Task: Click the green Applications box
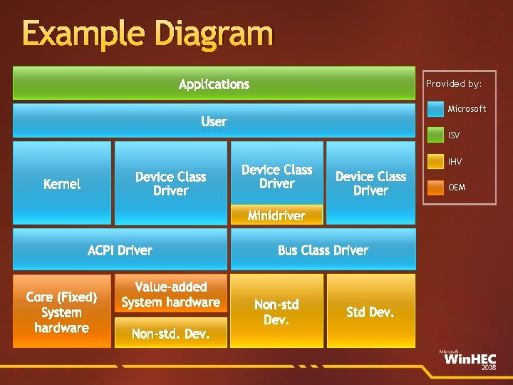tap(214, 83)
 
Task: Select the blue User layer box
tap(214, 120)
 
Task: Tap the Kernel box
tap(62, 183)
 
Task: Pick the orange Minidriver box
tap(276, 215)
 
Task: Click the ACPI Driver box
tap(120, 250)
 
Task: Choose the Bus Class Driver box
tap(323, 250)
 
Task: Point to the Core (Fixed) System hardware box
tap(62, 312)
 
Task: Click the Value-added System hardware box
tap(171, 294)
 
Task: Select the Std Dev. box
tap(370, 312)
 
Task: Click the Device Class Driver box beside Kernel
tap(171, 183)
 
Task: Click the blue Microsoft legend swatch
tap(435, 109)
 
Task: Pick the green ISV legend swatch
tap(435, 135)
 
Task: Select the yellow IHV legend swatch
tap(435, 162)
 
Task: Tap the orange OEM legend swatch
tap(435, 188)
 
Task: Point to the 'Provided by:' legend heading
tap(454, 83)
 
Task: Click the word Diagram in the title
tap(214, 34)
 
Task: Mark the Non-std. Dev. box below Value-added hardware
tap(171, 333)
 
